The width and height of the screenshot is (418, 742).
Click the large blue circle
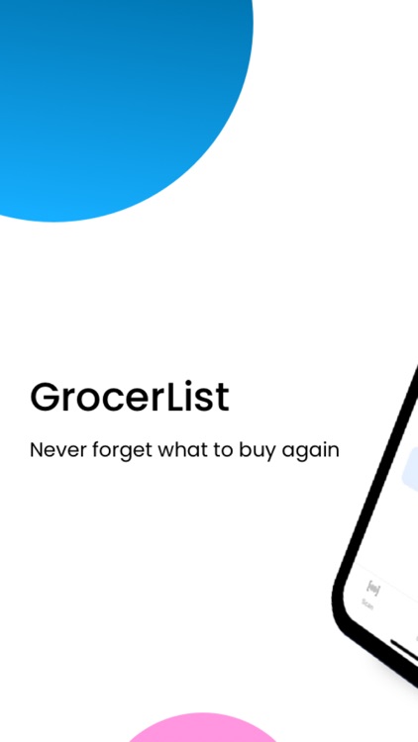click(109, 89)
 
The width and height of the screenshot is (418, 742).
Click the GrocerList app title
click(129, 398)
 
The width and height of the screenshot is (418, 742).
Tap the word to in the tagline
click(224, 450)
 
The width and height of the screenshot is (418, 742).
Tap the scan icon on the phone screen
click(372, 590)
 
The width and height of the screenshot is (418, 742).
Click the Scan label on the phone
click(367, 604)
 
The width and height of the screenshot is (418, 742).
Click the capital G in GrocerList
click(45, 398)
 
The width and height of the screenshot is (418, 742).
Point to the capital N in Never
click(36, 450)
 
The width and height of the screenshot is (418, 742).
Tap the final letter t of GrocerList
click(223, 399)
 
